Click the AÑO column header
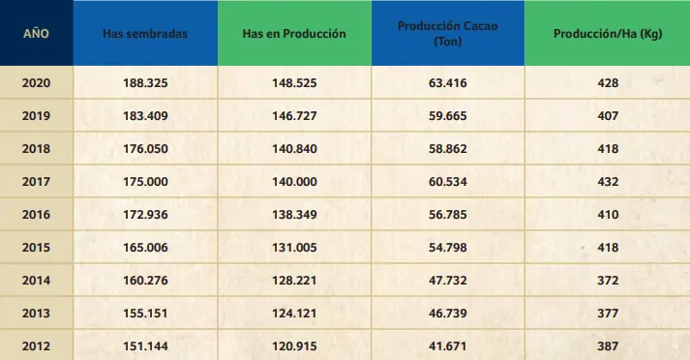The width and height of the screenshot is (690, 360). [36, 34]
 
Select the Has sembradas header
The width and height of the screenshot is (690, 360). [145, 34]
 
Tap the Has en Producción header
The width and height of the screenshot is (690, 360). [294, 34]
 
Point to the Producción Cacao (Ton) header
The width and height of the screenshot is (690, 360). [448, 34]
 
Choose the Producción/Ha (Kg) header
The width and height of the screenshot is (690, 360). [608, 34]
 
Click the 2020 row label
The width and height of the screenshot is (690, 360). [36, 82]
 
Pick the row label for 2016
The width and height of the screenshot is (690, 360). [36, 214]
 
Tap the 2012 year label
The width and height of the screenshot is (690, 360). [36, 345]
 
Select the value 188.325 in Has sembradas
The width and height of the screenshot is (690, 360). [145, 82]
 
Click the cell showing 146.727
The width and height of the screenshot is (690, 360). [294, 116]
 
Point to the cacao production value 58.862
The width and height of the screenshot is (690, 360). [448, 149]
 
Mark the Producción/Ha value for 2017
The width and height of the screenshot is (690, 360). [608, 181]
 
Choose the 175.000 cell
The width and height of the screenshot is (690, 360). [145, 181]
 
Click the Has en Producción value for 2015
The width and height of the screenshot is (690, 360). [294, 248]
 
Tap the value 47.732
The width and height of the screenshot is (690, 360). [448, 281]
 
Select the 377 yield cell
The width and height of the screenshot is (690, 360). [608, 314]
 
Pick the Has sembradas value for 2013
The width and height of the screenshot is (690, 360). [145, 314]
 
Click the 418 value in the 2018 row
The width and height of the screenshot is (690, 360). [608, 149]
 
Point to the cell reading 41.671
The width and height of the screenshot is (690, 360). [448, 345]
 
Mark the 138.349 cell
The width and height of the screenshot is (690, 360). [294, 214]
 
